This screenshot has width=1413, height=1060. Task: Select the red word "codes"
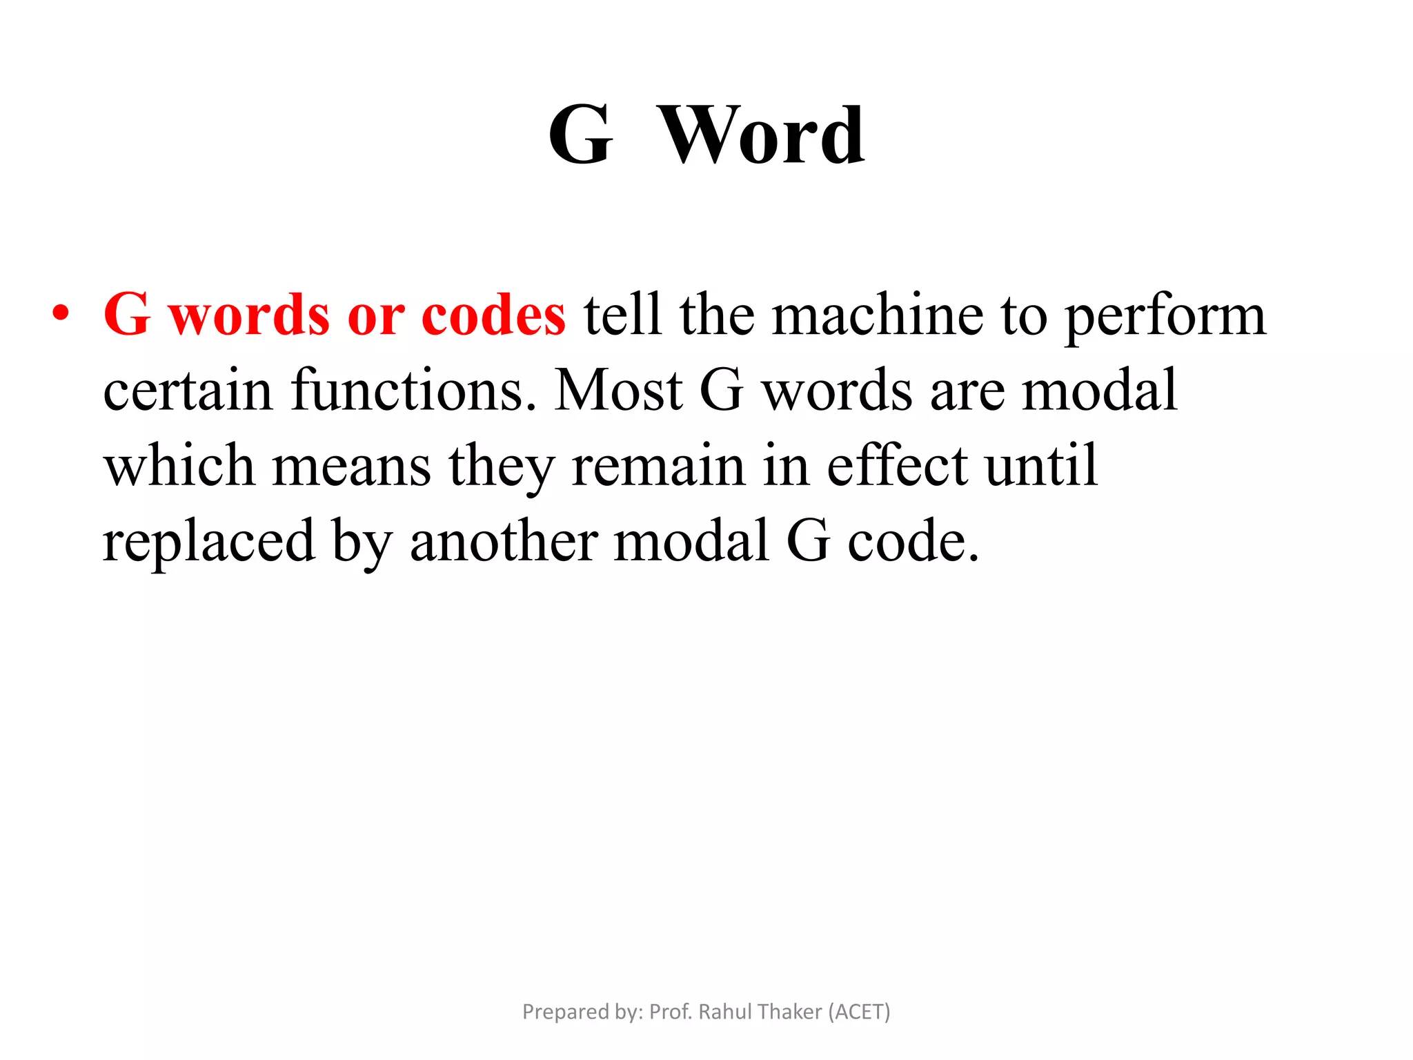(493, 315)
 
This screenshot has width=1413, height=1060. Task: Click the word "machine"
(877, 315)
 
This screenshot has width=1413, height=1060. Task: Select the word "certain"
(188, 390)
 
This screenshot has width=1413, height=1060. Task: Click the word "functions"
(413, 390)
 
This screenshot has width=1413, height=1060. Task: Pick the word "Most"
(617, 390)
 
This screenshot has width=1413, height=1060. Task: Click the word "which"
(179, 465)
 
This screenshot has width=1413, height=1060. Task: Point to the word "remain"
(658, 465)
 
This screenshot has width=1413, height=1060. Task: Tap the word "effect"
(897, 465)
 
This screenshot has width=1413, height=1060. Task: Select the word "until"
(1041, 465)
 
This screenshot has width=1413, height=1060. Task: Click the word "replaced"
(209, 541)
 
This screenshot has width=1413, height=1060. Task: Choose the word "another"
(504, 541)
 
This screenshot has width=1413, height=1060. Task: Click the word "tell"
(622, 315)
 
